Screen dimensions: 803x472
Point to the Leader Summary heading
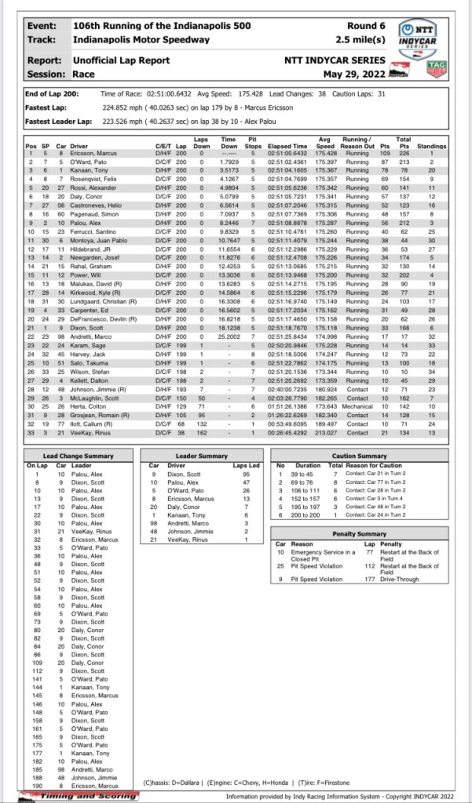tap(202, 456)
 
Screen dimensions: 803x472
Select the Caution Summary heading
tap(360, 456)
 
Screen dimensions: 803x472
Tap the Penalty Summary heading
tap(360, 533)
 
